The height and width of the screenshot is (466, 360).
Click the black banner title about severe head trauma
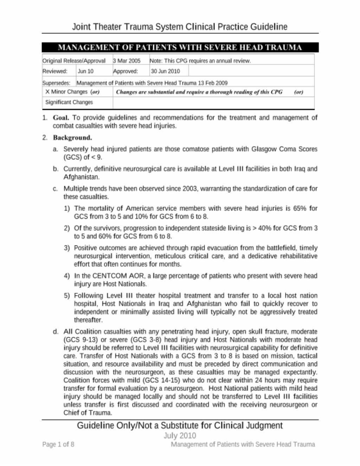[x=180, y=47]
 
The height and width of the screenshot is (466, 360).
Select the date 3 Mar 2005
[x=127, y=61]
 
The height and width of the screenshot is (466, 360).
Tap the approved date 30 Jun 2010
[x=165, y=71]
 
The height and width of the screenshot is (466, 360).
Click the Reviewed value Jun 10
[x=85, y=71]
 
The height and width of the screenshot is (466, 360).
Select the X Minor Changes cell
[x=72, y=92]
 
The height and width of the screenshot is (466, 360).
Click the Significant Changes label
[x=69, y=102]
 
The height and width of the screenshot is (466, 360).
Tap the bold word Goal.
[x=61, y=118]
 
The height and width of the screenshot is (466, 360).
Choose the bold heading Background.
[x=72, y=138]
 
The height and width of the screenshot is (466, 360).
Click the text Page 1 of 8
[x=58, y=445]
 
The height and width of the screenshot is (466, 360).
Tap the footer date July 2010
[x=180, y=436]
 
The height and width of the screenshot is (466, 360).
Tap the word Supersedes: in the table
[x=56, y=83]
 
